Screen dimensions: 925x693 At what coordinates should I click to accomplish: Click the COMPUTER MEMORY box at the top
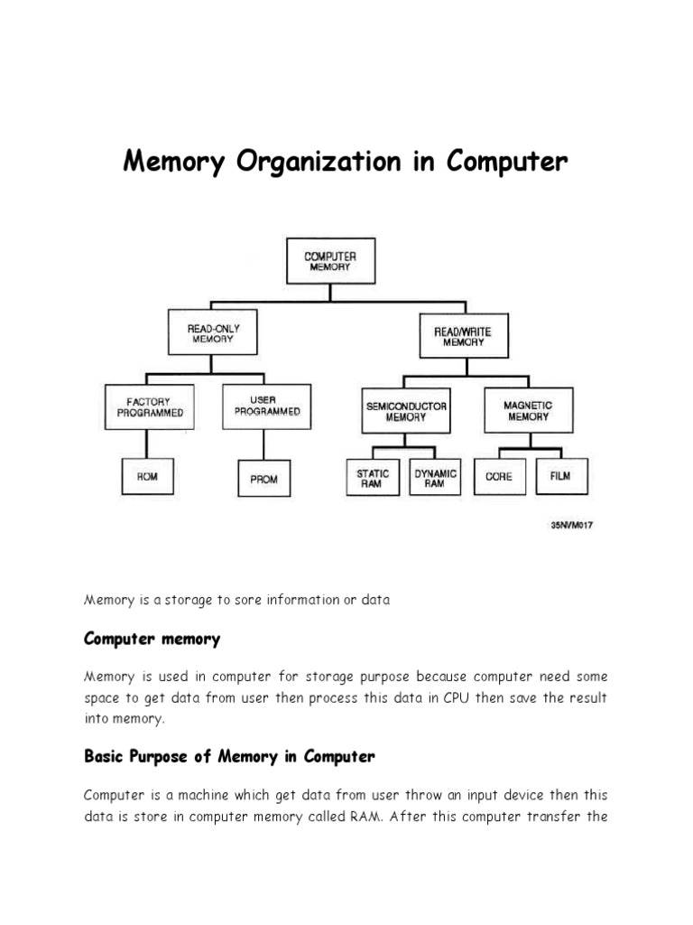pos(330,261)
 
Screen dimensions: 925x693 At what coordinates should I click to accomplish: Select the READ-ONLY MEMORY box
pos(210,333)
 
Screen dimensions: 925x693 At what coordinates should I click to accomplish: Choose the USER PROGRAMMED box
pos(267,406)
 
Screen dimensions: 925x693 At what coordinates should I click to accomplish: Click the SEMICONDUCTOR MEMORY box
pos(406,412)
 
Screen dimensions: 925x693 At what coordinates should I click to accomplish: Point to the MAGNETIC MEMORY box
pos(528,411)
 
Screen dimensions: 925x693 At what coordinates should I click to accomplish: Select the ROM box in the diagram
pos(147,476)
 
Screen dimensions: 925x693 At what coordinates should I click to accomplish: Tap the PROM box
pos(263,479)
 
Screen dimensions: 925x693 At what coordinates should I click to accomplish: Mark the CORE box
pos(498,476)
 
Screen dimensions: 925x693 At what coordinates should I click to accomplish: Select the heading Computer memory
pos(152,640)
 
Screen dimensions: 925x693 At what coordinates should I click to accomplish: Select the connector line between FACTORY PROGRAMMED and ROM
pos(148,444)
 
